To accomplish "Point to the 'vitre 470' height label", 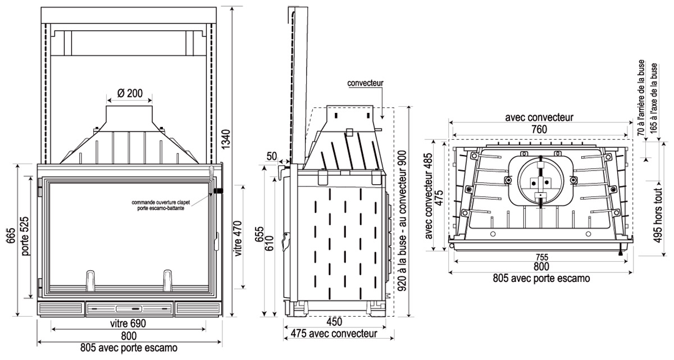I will (x=239, y=238).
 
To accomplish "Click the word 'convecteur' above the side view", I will (x=365, y=83).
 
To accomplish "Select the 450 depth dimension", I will (x=334, y=322).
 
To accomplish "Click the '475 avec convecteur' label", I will (x=333, y=334).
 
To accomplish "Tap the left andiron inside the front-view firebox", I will (x=89, y=279).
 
